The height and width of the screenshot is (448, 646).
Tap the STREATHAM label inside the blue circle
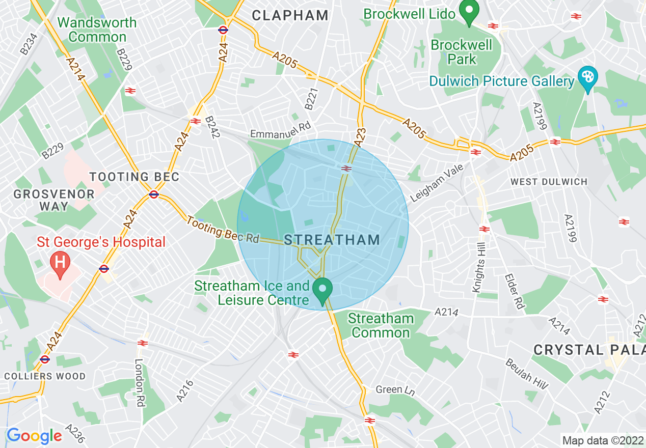332,240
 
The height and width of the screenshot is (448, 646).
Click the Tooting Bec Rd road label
223,230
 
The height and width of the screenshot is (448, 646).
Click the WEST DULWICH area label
549,182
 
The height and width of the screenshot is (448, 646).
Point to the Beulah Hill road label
527,374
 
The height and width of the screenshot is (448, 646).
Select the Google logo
34,436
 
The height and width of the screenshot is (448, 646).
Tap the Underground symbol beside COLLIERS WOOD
45,359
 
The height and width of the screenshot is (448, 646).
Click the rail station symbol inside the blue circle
346,169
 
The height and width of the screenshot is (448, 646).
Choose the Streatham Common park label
381,326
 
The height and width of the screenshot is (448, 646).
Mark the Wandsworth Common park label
97,30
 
